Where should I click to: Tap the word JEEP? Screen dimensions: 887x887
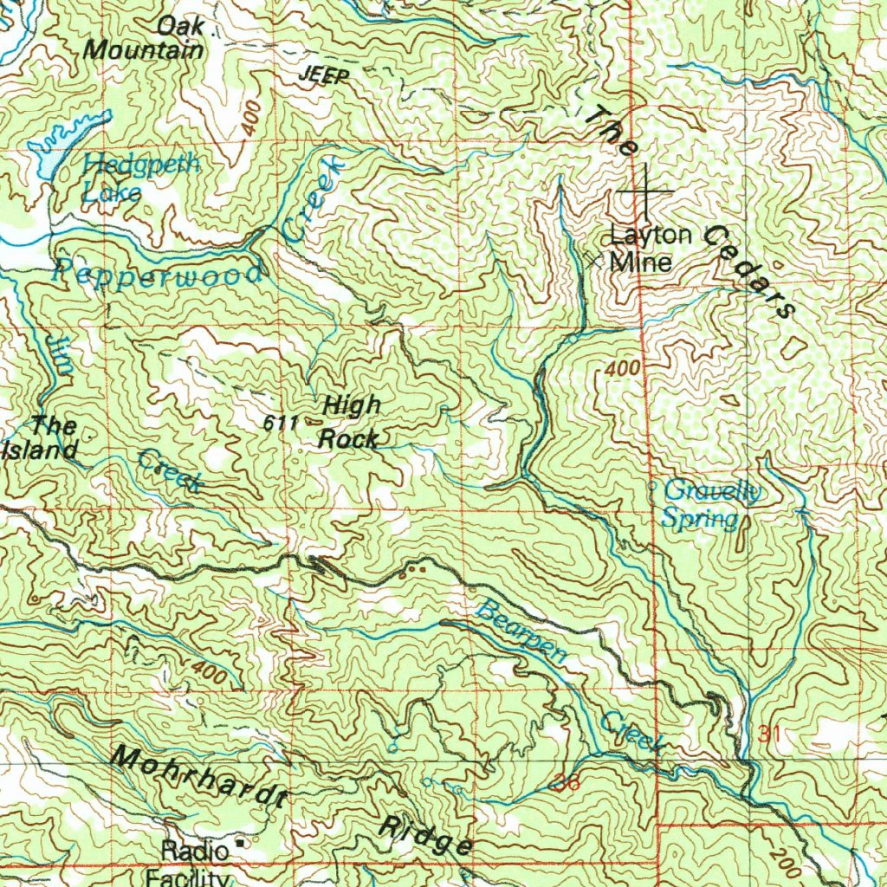(324, 77)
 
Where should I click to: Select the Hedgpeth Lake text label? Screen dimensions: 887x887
(141, 178)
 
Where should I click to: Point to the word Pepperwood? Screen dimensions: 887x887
(157, 274)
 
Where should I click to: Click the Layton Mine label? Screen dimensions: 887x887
(651, 248)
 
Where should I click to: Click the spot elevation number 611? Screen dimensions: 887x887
(282, 424)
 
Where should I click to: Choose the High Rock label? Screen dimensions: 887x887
(350, 422)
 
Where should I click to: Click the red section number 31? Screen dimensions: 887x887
(770, 735)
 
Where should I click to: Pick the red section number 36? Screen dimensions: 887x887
(567, 783)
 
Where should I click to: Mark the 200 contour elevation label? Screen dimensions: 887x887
(784, 864)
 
